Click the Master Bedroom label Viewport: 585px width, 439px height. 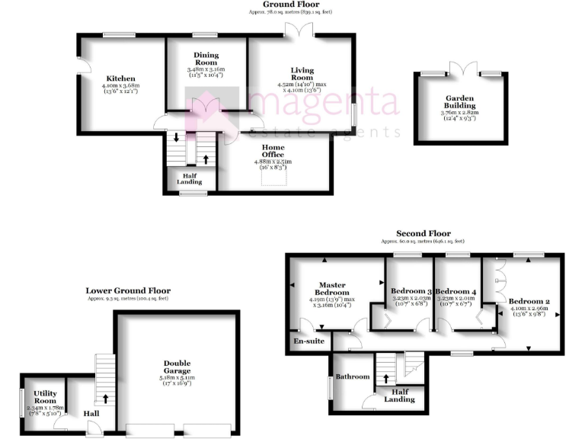334,288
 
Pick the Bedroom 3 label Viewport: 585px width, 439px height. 411,291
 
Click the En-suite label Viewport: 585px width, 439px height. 308,341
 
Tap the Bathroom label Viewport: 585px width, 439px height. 353,377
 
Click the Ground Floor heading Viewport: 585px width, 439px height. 291,5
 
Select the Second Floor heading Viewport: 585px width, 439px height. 423,233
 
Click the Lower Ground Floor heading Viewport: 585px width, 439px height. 127,290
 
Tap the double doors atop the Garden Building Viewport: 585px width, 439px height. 461,69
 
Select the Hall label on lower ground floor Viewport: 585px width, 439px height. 91,413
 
